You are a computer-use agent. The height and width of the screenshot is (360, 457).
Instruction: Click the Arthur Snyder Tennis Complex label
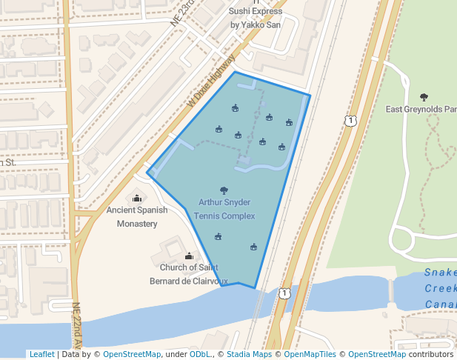coord(224,209)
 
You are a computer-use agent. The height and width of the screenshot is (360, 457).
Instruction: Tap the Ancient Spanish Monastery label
coord(137,216)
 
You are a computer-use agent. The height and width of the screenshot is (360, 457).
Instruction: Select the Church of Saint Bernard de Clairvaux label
coord(188,273)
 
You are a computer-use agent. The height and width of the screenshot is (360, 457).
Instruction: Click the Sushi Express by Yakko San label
coord(256,18)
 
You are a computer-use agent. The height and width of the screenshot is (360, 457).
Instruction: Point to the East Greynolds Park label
coord(421,110)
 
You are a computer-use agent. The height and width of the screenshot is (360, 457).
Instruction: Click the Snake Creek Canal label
coord(440,289)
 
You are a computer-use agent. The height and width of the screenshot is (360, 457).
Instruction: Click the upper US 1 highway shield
coord(351,120)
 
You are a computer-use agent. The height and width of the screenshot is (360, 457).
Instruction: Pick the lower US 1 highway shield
coord(284,294)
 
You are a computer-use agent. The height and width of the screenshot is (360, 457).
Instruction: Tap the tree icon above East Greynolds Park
coord(424,97)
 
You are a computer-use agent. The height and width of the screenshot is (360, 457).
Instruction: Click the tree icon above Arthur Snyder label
coord(224,190)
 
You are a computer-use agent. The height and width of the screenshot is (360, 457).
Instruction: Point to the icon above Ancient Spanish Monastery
coord(136,198)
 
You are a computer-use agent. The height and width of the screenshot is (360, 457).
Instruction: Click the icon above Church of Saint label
coord(188,256)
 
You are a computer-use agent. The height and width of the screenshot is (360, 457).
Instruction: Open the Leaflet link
coord(41,355)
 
